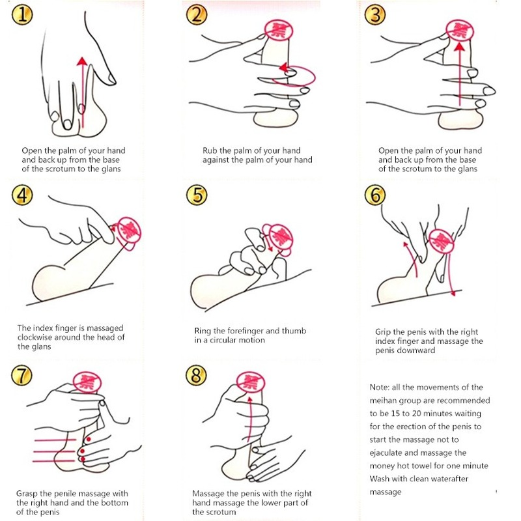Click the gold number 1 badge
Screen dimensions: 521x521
[22, 15]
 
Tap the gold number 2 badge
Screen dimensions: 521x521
[197, 15]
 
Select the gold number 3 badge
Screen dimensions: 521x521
[375, 15]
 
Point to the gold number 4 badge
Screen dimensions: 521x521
[22, 195]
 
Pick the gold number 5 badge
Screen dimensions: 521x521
[197, 195]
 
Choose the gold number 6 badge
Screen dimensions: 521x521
[375, 195]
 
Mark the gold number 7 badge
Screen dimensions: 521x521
[21, 375]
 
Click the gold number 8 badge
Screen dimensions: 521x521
[196, 375]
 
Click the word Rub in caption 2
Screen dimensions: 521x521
[209, 150]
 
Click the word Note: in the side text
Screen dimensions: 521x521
[379, 387]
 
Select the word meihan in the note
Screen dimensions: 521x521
[383, 401]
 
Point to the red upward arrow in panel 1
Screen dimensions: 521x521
[82, 92]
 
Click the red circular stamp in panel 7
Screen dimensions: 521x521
[87, 382]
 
